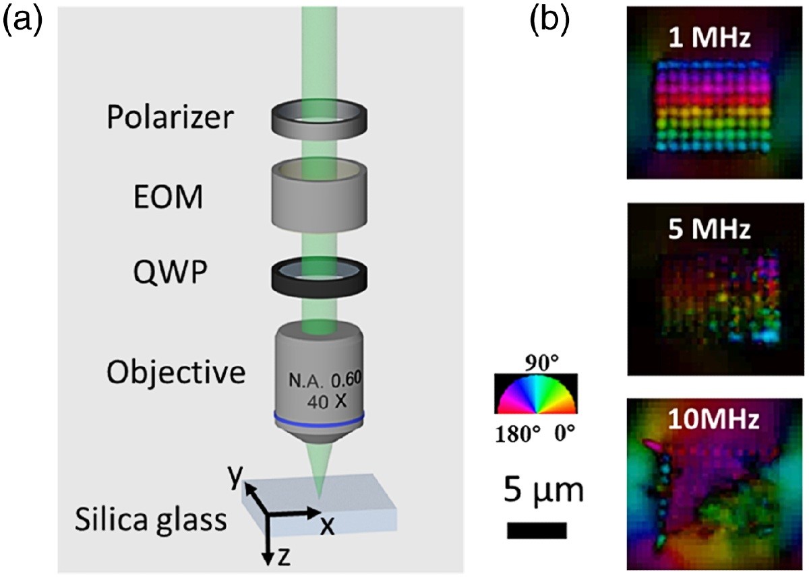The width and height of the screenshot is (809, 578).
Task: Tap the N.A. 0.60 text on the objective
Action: pyautogui.click(x=326, y=383)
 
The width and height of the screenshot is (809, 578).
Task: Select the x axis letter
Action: pyautogui.click(x=327, y=526)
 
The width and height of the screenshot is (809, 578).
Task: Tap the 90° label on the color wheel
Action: pyautogui.click(x=536, y=366)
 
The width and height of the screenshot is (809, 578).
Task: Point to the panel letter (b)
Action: pyautogui.click(x=549, y=20)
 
